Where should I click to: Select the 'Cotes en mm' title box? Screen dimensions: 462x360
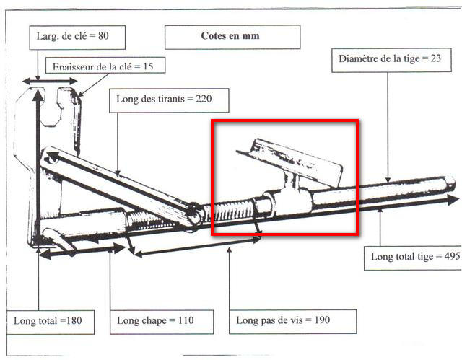point(231,36)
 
